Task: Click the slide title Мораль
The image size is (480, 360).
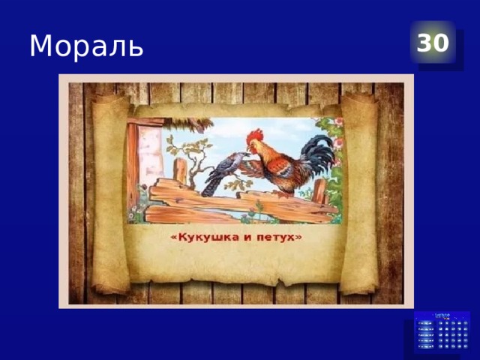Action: tap(85, 46)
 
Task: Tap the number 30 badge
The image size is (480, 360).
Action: tap(433, 43)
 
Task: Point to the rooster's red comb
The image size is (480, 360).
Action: tap(256, 136)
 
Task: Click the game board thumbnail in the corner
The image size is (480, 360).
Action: tap(442, 332)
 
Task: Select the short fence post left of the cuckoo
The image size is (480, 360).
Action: tap(180, 171)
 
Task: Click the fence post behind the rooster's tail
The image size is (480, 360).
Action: tap(319, 190)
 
